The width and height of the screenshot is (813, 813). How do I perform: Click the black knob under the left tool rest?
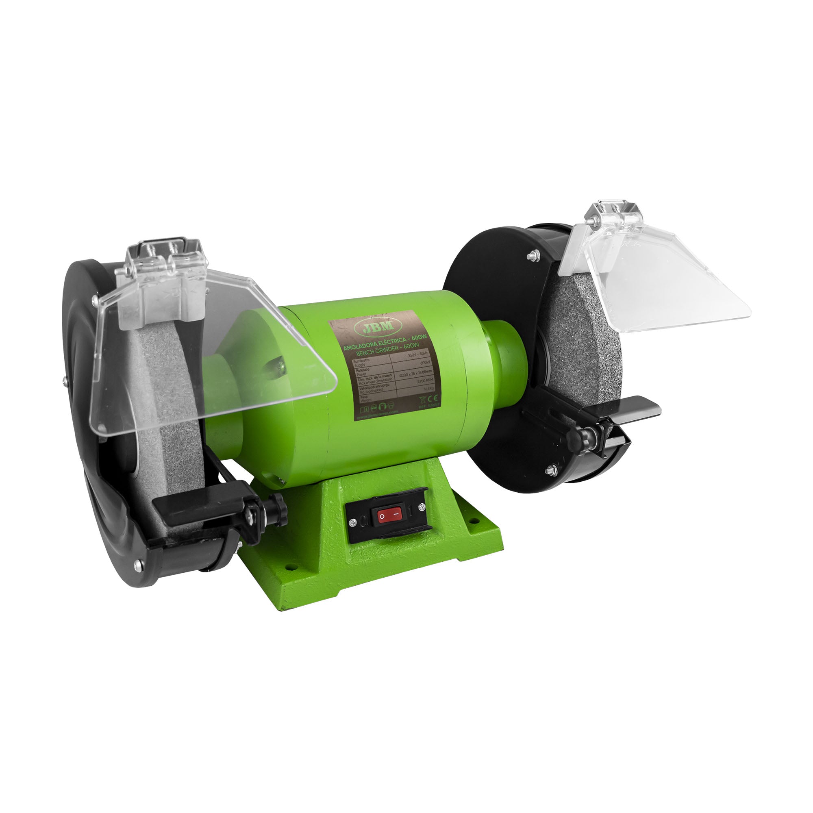click(x=278, y=514)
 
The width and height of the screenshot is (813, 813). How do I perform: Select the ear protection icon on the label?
click(x=383, y=406)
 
